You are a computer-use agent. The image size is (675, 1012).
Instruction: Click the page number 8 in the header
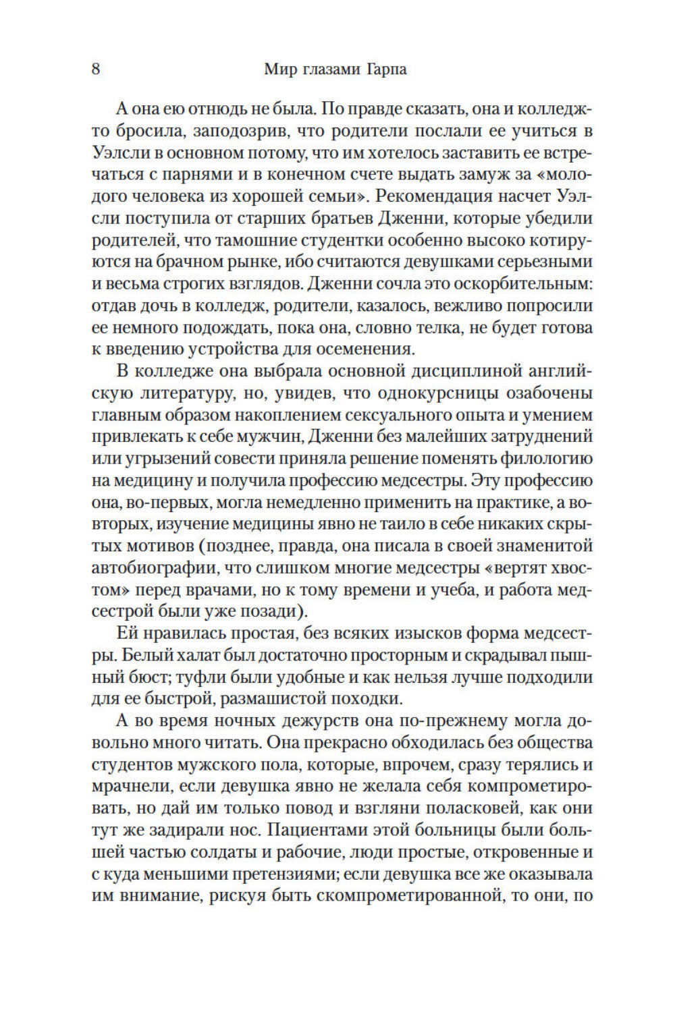click(96, 69)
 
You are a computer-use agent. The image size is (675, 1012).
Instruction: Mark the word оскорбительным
click(514, 283)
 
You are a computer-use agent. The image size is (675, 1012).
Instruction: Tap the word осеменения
click(370, 349)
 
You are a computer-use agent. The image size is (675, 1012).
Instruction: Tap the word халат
click(185, 655)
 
